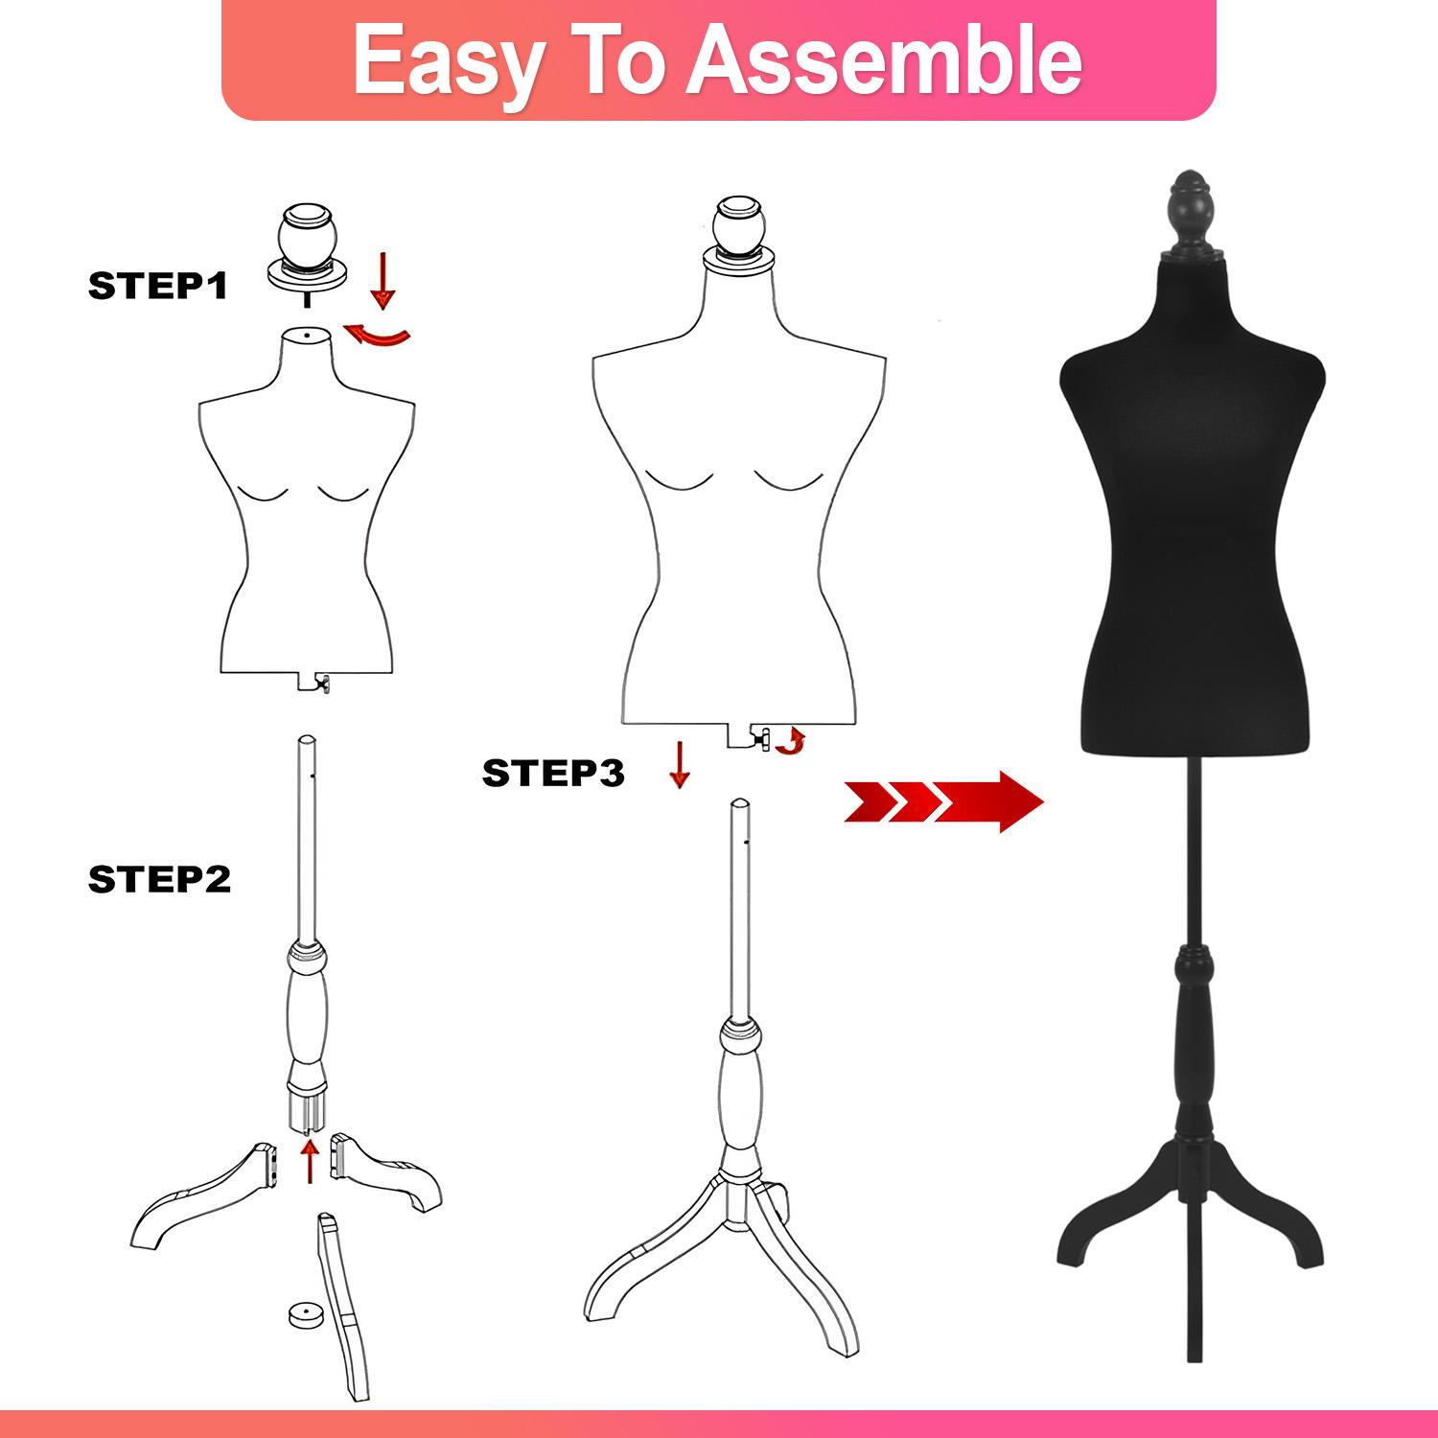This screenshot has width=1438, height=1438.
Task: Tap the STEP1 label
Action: (158, 286)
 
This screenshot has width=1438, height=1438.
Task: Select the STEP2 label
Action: (159, 879)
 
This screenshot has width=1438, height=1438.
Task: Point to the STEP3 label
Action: (553, 772)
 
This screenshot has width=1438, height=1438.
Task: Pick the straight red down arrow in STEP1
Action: (383, 280)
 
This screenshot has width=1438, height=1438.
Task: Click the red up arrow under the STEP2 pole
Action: (309, 1160)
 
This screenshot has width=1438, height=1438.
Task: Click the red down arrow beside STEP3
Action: (680, 763)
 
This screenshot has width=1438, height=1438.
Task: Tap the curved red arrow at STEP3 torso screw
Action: (790, 741)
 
